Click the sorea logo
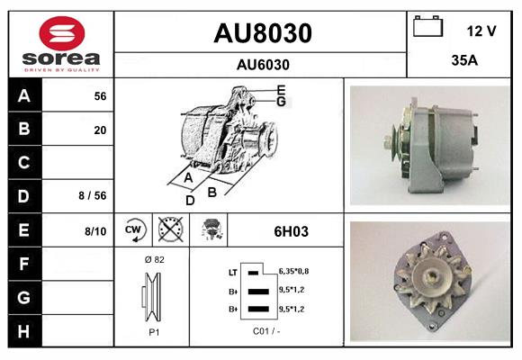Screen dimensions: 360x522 tap(60, 44)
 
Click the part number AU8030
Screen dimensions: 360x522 tap(262, 33)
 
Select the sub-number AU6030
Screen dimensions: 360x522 tap(262, 64)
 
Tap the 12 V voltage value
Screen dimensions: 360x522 tap(481, 31)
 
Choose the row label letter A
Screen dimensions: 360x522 tap(23, 95)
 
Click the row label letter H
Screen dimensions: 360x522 tap(23, 331)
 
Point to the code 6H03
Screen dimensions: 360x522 tap(291, 231)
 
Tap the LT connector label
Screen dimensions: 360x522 tap(232, 271)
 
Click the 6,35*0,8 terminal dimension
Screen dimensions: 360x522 tap(294, 270)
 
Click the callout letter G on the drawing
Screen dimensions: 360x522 tap(282, 101)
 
